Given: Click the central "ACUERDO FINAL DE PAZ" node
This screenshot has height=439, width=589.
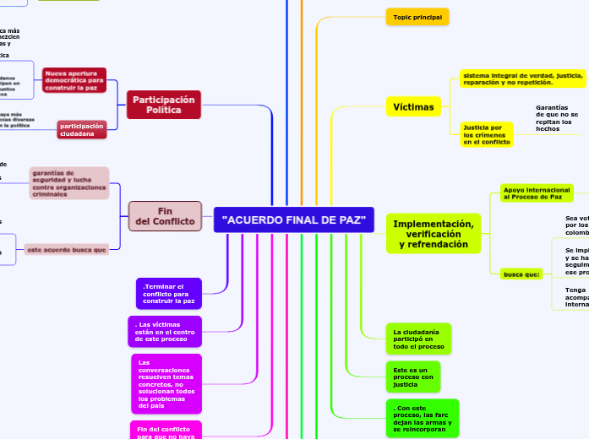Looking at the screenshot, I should (293, 220).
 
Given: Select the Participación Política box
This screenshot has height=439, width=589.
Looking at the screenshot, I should (164, 105).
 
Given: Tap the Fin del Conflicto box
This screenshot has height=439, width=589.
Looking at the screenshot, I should (165, 216).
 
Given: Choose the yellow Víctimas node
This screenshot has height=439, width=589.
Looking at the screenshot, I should (414, 107).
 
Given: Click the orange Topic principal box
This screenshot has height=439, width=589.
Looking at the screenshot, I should (417, 17).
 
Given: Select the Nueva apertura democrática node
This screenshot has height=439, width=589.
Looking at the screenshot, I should (74, 80).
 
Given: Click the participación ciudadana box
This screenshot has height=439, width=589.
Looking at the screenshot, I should (82, 129).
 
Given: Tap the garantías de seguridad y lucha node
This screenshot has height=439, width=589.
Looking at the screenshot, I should (70, 183).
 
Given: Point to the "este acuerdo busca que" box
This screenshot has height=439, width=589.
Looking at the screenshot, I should (66, 250).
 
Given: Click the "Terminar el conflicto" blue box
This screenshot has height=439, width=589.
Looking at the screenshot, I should (169, 293).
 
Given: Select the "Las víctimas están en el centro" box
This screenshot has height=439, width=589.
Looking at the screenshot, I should (165, 332).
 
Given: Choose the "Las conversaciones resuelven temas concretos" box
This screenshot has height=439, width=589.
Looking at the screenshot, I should (166, 383).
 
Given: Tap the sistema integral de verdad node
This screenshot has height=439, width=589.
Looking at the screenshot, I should (522, 79).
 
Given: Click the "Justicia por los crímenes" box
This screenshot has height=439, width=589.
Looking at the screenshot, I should (486, 135).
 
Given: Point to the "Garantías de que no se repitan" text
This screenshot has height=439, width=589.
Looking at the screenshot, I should (557, 118).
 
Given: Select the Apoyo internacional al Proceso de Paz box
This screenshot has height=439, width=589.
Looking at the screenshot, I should (537, 193).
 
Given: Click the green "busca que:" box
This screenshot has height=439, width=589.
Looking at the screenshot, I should (521, 274).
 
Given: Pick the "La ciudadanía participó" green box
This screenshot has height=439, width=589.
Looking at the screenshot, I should (418, 339).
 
